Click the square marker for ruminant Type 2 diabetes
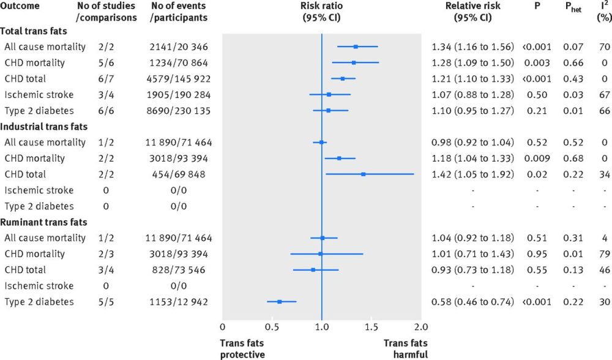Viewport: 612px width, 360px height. coord(280,301)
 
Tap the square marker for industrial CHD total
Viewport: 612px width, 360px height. coord(363,174)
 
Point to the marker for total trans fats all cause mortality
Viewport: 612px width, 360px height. coord(356,47)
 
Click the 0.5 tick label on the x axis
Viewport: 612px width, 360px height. coord(272,327)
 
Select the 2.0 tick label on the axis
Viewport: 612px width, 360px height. coord(422,327)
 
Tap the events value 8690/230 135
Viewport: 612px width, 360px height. coord(178,111)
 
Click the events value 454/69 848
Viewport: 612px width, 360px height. coord(178,174)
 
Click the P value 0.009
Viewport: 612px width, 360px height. coord(537,159)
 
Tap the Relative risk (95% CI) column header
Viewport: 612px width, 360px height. coord(474,12)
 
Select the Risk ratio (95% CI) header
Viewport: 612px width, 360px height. coord(322,12)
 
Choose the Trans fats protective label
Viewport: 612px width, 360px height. coord(242,348)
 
